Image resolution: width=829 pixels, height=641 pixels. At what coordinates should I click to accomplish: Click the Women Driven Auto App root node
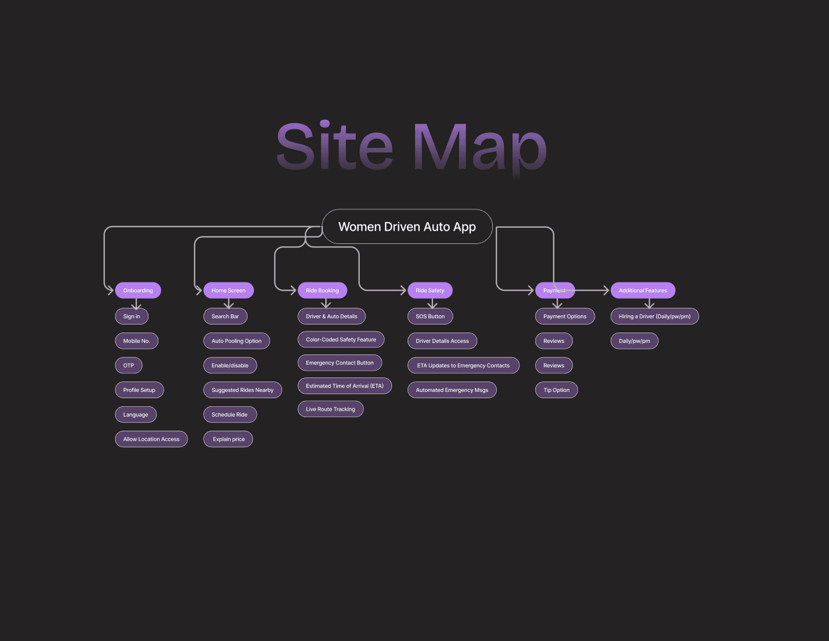click(407, 227)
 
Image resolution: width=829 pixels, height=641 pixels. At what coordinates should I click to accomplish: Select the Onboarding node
click(138, 291)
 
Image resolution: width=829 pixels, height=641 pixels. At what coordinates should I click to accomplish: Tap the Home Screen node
click(229, 291)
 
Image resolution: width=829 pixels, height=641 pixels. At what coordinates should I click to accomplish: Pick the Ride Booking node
click(322, 291)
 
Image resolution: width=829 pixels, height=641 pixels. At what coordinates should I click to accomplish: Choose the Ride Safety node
click(430, 291)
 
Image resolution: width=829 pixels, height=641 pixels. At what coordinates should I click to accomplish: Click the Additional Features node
click(643, 291)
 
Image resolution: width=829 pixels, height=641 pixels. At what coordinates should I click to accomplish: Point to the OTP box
click(128, 365)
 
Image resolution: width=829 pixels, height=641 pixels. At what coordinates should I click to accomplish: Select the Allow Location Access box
click(151, 439)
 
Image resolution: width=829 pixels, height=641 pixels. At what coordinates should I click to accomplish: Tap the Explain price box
click(229, 439)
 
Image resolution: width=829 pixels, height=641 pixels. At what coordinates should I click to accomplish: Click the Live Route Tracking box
click(330, 409)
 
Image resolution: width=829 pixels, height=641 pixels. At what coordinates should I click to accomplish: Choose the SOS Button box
click(430, 316)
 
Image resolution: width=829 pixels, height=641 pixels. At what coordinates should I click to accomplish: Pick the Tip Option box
click(556, 390)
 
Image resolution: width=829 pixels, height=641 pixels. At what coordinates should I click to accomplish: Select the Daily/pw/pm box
click(634, 341)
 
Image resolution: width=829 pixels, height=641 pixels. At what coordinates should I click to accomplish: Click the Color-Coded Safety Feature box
click(341, 339)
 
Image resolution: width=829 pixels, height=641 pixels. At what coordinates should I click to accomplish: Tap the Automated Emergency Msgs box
click(452, 390)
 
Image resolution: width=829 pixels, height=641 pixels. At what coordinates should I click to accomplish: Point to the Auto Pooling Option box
click(237, 341)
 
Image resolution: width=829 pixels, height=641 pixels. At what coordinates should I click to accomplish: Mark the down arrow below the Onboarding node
click(136, 304)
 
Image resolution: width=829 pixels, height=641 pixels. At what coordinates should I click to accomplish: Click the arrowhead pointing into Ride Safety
click(402, 291)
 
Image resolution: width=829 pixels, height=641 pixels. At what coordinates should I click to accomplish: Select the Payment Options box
click(565, 316)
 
